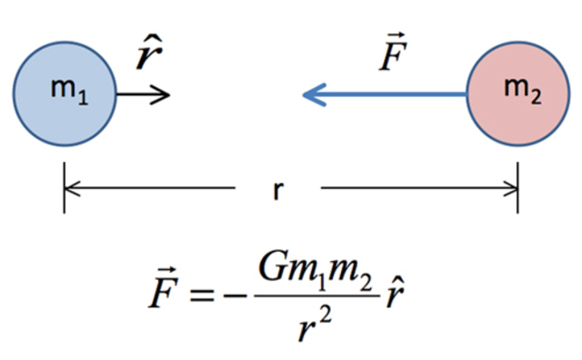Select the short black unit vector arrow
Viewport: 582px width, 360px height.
pyautogui.click(x=144, y=94)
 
